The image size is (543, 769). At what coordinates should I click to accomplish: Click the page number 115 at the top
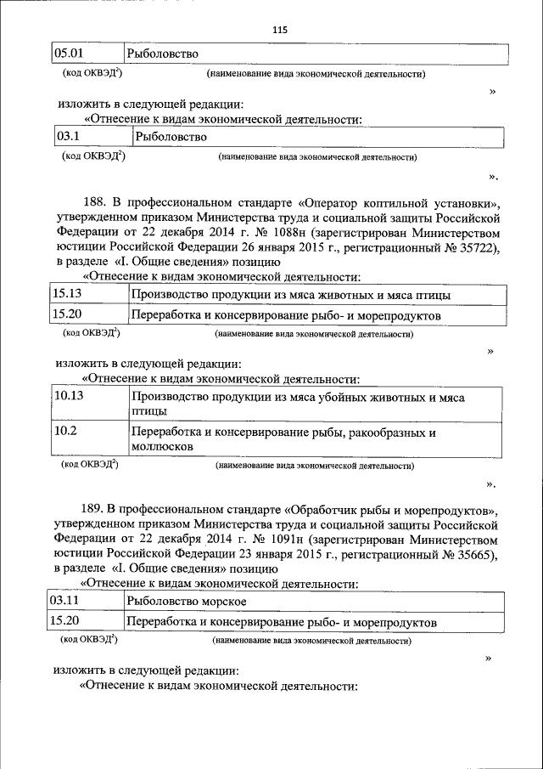[280, 30]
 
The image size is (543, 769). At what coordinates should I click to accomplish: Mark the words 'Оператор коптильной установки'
[398, 201]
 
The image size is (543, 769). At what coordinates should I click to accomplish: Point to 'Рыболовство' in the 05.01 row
[162, 54]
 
